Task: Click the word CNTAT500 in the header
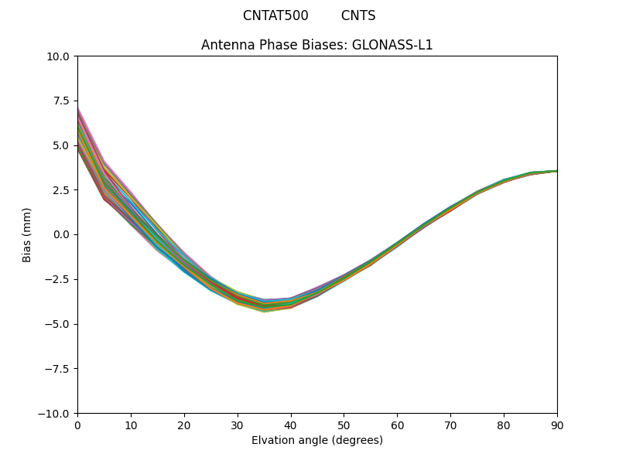[x=275, y=15]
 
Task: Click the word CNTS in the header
[x=358, y=15]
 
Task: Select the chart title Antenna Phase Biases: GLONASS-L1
[x=317, y=45]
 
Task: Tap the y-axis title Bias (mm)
[x=27, y=234]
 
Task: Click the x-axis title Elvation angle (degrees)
[x=317, y=440]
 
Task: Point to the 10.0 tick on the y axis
[x=61, y=56]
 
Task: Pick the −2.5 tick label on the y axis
[x=60, y=279]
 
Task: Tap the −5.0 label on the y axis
[x=60, y=324]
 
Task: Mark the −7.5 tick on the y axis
[x=60, y=368]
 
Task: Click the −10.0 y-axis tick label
[x=57, y=413]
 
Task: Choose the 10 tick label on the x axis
[x=131, y=425]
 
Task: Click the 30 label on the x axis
[x=238, y=425]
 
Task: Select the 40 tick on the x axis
[x=291, y=425]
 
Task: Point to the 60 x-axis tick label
[x=397, y=425]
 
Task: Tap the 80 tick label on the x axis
[x=504, y=425]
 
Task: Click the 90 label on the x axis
[x=557, y=425]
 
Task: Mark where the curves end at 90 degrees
[x=556, y=171]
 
